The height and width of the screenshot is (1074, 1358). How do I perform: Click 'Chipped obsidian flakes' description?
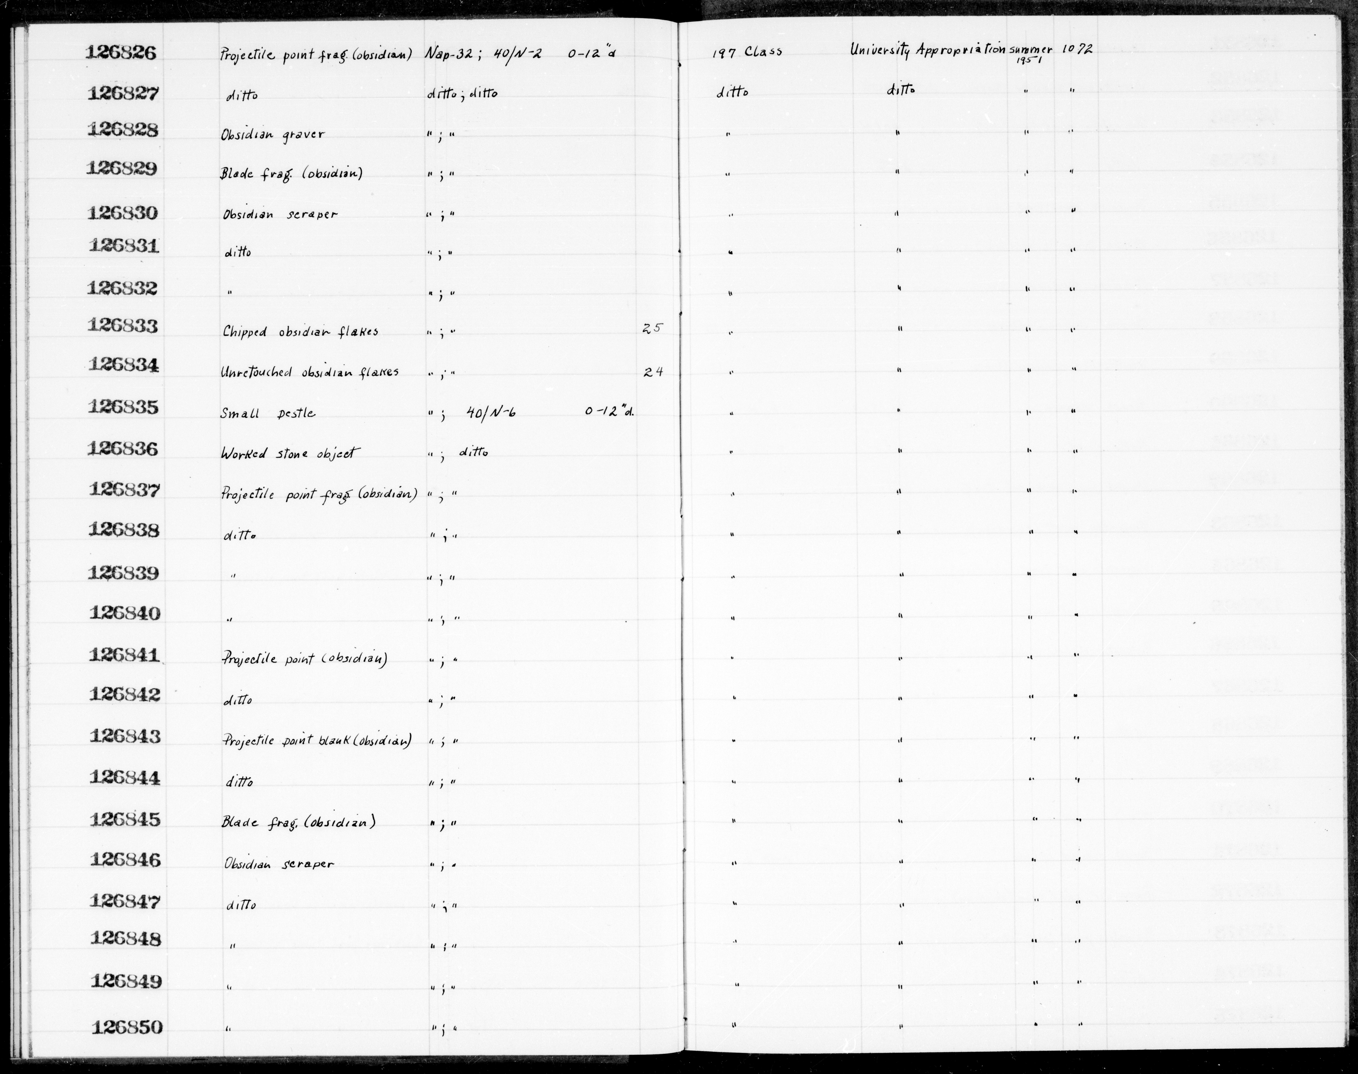click(x=300, y=331)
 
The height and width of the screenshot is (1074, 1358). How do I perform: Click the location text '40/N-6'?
click(x=491, y=412)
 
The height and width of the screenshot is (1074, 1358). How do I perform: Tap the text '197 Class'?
click(x=747, y=52)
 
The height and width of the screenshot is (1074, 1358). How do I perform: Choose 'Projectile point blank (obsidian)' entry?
click(x=316, y=741)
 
